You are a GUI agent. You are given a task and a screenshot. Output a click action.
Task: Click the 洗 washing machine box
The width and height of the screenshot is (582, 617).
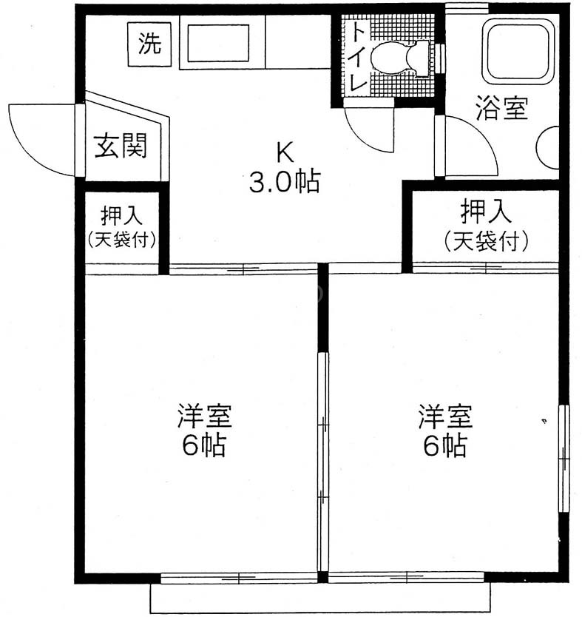(x=149, y=44)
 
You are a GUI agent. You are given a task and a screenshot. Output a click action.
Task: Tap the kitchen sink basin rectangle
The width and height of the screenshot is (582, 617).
(x=218, y=44)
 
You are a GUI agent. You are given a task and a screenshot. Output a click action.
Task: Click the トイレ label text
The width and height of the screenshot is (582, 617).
(x=357, y=56)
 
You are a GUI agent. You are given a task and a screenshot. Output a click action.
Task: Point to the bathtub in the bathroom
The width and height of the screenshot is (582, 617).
(x=518, y=51)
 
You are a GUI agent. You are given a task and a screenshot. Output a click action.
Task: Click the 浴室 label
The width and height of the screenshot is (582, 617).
(x=501, y=107)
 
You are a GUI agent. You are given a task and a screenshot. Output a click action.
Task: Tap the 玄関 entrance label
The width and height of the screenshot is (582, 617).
(x=121, y=146)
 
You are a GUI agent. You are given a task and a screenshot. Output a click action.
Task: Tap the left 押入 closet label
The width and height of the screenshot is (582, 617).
(x=121, y=226)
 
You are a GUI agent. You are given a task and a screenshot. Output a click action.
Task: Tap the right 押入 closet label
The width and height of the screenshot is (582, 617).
(x=486, y=225)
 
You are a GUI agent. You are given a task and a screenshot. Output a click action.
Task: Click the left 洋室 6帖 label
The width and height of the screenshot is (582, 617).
(x=205, y=430)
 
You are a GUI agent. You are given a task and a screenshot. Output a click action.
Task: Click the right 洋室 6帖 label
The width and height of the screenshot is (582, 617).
(x=445, y=430)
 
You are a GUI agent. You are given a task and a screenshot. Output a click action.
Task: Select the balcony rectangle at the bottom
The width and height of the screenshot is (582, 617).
(x=320, y=597)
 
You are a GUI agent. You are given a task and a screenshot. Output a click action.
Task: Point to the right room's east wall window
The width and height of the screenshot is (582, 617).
(x=564, y=459)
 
